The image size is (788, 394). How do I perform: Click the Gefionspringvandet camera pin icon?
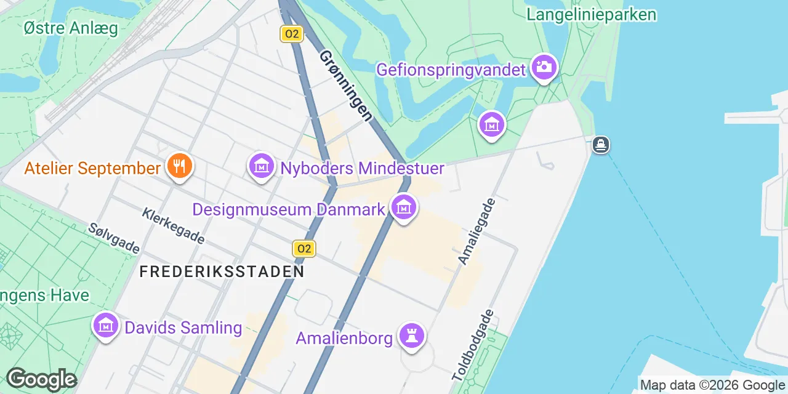click(x=544, y=67)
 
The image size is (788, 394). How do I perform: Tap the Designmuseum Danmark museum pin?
click(x=404, y=208)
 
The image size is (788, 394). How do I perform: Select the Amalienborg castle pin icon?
click(x=412, y=336)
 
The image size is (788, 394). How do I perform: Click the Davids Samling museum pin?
click(x=106, y=326)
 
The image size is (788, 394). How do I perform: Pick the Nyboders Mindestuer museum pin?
click(x=262, y=166)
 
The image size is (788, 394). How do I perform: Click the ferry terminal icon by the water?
click(x=601, y=145)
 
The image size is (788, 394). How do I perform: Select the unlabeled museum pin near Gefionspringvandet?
click(x=492, y=125)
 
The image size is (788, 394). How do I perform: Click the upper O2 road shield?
click(x=291, y=34)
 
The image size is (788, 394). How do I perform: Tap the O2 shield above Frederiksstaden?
click(x=304, y=249)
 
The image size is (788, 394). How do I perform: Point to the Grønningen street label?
click(x=345, y=86)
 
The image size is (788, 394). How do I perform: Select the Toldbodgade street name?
click(x=473, y=345)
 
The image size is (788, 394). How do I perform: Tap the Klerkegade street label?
click(x=173, y=225)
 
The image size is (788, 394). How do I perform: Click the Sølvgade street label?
click(x=114, y=238)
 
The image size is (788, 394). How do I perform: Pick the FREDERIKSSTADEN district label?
click(x=222, y=271)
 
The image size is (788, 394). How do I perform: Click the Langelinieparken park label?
click(x=592, y=15)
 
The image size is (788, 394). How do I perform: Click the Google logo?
click(x=41, y=380)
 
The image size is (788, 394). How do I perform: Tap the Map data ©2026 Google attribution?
click(x=712, y=385)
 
